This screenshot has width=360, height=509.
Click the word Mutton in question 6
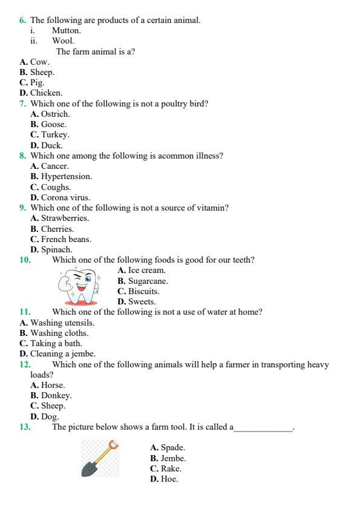[x=66, y=30]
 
